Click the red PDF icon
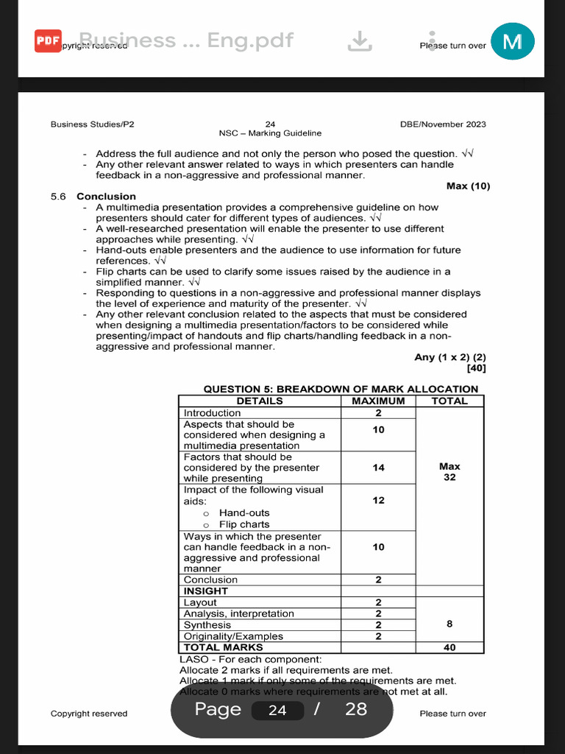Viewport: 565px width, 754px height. coord(48,41)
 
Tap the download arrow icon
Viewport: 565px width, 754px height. coord(359,41)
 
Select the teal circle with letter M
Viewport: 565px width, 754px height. coord(512,41)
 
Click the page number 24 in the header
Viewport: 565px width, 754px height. coord(269,124)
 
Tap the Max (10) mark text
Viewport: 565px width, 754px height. coord(468,186)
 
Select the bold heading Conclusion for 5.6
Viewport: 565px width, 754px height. coord(106,197)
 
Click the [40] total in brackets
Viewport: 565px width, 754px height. coord(476,368)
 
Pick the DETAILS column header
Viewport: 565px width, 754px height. coord(260,401)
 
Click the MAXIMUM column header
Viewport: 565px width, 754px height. coord(378,401)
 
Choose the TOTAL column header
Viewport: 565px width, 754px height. coord(449,401)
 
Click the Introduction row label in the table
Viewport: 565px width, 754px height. coord(212,413)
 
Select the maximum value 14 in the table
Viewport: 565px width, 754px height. coord(378,468)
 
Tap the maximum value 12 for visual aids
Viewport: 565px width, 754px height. coord(378,501)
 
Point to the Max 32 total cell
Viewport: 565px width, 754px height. coord(449,471)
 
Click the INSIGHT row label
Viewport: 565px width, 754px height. coord(206,591)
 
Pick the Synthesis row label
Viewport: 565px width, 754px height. coord(207,625)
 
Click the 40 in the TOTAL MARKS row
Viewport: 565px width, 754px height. coord(449,648)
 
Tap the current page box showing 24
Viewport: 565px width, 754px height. coord(277,710)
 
